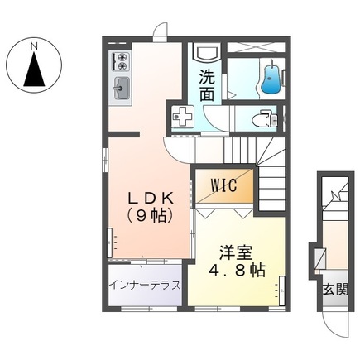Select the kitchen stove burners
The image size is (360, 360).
click(120, 60)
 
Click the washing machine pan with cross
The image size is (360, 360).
click(182, 118)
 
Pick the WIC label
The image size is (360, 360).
click(223, 185)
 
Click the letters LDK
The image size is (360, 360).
click(150, 199)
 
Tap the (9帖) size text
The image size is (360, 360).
click(150, 217)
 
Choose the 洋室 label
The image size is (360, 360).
click(233, 252)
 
